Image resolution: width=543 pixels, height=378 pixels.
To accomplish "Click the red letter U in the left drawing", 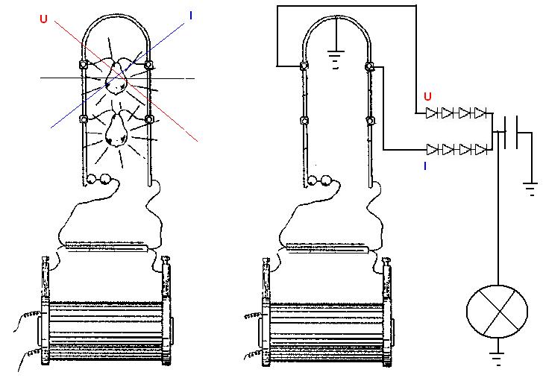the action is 43,19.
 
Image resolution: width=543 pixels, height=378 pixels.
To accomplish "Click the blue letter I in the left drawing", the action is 191,15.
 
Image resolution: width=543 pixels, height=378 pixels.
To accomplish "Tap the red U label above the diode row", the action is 427,96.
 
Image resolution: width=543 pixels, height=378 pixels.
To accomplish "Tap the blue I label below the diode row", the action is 425,166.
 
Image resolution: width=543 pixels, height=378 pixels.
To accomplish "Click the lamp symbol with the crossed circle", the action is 498,311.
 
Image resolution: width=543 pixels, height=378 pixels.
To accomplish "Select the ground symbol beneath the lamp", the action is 498,359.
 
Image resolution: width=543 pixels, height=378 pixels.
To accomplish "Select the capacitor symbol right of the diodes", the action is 511,132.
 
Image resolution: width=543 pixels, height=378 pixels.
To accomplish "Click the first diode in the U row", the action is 431,113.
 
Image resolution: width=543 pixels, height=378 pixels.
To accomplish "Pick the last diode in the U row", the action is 481,113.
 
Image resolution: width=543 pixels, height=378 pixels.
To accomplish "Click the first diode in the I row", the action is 432,150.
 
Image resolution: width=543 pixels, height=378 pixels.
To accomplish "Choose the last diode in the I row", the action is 482,150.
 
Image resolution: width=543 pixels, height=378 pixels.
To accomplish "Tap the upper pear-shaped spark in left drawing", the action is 116,78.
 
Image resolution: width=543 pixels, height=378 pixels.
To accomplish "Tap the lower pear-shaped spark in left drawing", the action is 116,130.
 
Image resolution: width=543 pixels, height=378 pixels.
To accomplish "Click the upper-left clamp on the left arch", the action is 84,64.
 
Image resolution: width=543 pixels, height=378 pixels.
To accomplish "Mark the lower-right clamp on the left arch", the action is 149,119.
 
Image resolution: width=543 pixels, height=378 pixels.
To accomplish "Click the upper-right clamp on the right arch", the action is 369,66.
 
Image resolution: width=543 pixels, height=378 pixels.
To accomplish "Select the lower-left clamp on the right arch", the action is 304,121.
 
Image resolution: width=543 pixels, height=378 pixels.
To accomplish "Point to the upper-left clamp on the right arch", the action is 304,66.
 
